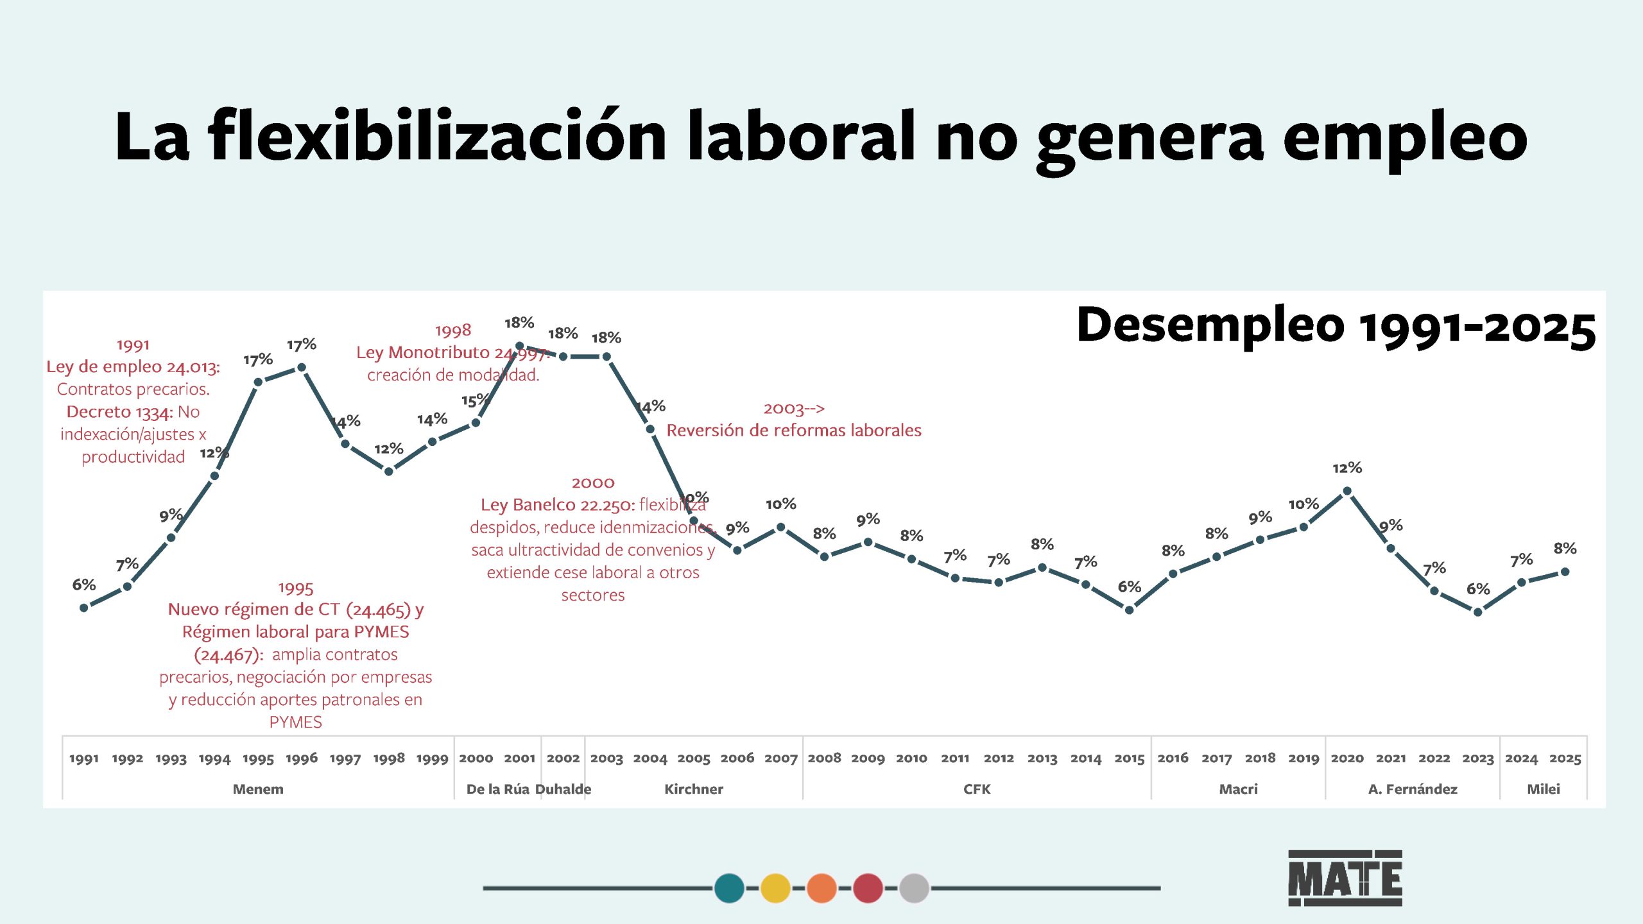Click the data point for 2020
click(1347, 492)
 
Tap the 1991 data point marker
click(84, 608)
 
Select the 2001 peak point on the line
click(519, 346)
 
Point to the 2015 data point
click(1129, 610)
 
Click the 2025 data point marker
click(1565, 572)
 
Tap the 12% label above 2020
click(1346, 468)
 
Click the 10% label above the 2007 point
click(780, 504)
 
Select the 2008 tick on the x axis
click(824, 758)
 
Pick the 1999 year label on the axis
click(432, 759)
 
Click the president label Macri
click(1238, 789)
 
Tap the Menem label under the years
click(258, 789)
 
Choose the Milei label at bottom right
click(1543, 789)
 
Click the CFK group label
click(977, 789)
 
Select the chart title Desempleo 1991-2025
click(1336, 326)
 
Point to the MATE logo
click(1345, 878)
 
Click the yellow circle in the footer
click(775, 888)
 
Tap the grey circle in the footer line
click(914, 888)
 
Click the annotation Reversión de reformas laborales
click(793, 431)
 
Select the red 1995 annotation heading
click(295, 588)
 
